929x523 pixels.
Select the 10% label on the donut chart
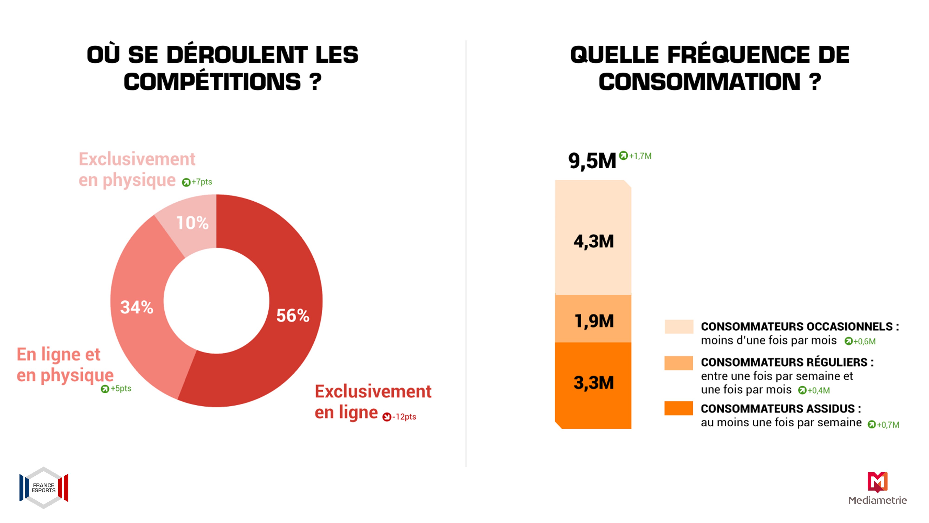[193, 223]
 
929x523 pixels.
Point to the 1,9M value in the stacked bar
[594, 321]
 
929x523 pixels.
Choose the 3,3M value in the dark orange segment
[594, 383]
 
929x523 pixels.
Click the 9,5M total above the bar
[592, 161]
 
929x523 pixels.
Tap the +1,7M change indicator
[635, 156]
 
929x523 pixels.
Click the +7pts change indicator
[197, 182]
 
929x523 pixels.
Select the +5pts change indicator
[116, 389]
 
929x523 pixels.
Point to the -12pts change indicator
[399, 417]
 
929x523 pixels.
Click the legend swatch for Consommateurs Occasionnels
[679, 327]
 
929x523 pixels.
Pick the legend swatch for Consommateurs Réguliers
[679, 363]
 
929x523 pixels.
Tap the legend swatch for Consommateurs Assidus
[679, 408]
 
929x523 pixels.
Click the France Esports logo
[44, 488]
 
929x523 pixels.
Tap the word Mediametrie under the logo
[877, 500]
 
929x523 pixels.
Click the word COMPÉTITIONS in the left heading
[212, 82]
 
